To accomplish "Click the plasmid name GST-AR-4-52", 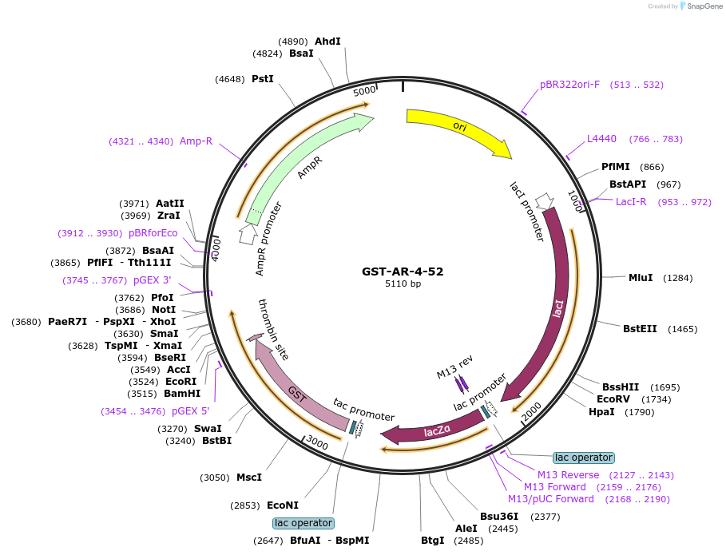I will pos(403,271).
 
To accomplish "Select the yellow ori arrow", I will pos(458,128).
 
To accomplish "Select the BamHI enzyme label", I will pos(182,394).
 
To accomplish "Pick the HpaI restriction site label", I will pos(601,412).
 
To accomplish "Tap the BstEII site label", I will pos(640,328).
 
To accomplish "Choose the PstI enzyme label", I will pos(263,79).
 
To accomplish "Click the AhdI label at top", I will pos(327,42).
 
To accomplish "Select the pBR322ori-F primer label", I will pos(569,85).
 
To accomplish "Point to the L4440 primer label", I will pos(601,139).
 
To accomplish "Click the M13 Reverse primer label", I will pos(568,474).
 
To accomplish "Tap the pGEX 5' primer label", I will pos(191,411).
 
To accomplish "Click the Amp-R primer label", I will pos(196,141).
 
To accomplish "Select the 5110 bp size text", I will pos(403,283).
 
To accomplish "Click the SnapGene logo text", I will pos(702,6).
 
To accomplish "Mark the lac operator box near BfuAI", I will pos(303,523).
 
